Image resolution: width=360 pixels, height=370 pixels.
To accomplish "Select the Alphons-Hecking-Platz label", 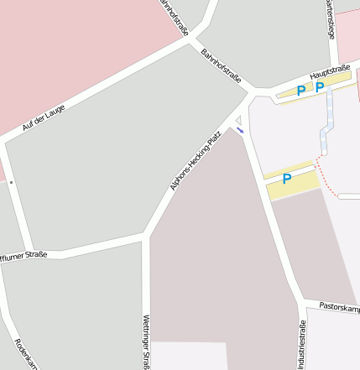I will pos(196,159).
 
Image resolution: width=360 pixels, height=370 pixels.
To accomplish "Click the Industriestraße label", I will pos(303,347).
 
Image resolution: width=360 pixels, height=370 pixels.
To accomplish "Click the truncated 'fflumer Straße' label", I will pos(23,254).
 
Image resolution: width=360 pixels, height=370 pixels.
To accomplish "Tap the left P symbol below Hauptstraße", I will pos(301,91).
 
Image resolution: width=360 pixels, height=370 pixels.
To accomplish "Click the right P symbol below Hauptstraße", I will pos(320,86).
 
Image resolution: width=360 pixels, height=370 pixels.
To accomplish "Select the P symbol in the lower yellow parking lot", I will pos(286,179).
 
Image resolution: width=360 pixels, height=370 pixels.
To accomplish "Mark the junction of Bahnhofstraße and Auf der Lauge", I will pos(195,39).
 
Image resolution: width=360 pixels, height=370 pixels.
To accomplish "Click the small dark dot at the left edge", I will pos(11,182).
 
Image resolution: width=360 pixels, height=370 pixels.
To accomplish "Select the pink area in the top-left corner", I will pos(50,42).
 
